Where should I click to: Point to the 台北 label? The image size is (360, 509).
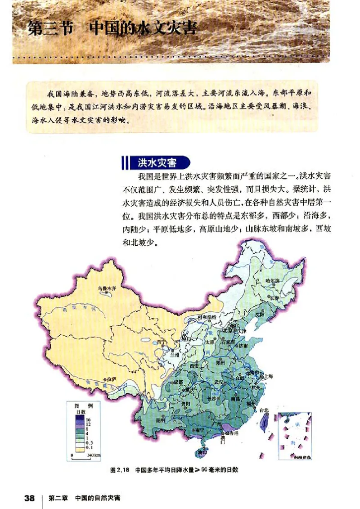264,410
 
